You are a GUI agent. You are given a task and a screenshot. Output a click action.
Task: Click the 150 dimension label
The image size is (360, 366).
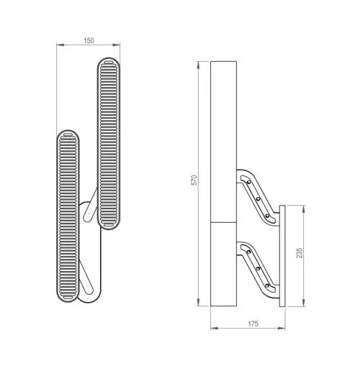(x=89, y=40)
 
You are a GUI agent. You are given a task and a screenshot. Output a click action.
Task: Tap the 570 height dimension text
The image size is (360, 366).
(x=194, y=180)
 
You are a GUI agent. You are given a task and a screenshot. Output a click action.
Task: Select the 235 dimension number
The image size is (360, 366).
(x=300, y=253)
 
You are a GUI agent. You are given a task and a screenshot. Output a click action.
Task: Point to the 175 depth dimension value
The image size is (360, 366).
(x=253, y=324)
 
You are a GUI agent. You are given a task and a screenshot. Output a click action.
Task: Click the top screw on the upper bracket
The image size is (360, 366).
(x=249, y=182)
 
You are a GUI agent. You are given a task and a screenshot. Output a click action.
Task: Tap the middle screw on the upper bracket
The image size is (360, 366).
(x=258, y=198)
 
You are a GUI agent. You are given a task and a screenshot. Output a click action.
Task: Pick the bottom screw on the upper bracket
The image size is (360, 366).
(x=267, y=216)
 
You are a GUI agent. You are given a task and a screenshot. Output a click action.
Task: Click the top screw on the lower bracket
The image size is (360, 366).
(x=248, y=252)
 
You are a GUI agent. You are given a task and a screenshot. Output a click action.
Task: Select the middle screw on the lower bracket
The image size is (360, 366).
(x=258, y=268)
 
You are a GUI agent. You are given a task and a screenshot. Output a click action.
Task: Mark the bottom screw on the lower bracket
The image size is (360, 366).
(x=267, y=285)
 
